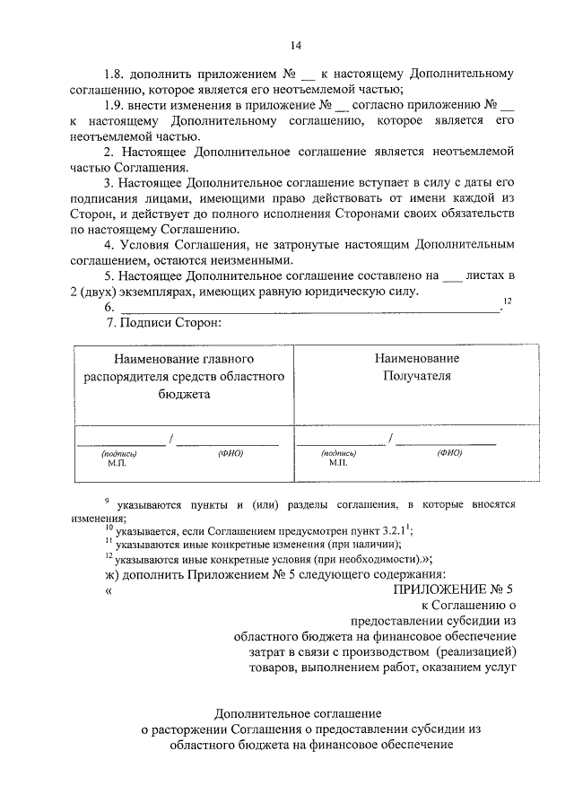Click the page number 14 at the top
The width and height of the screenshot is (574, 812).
tap(295, 45)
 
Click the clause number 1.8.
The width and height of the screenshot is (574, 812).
tap(116, 73)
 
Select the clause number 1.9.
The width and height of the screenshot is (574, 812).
tap(116, 105)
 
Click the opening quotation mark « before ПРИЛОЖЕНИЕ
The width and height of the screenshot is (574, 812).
tap(109, 590)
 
